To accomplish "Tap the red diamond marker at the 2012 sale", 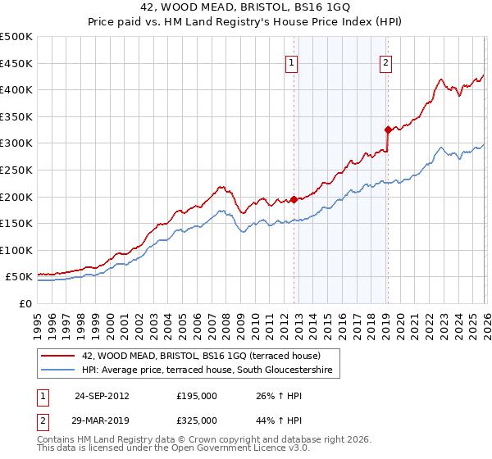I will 294,199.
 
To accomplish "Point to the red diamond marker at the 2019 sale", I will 388,130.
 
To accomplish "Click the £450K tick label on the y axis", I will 16,63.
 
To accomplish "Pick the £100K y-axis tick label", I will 16,250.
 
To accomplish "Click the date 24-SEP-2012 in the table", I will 102,396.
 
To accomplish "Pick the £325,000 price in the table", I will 197,420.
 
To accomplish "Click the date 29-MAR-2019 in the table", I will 102,420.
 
